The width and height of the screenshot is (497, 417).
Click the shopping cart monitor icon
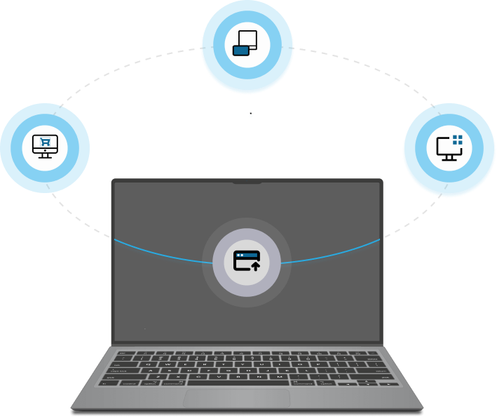(45, 145)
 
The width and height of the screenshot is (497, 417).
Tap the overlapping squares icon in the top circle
(246, 44)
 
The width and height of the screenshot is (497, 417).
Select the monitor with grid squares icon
(449, 147)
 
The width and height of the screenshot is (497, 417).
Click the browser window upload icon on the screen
(247, 261)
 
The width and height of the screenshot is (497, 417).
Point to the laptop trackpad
(237, 399)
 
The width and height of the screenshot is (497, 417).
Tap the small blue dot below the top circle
(251, 116)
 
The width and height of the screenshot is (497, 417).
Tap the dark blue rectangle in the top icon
(241, 50)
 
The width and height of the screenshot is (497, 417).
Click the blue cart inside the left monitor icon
(46, 142)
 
